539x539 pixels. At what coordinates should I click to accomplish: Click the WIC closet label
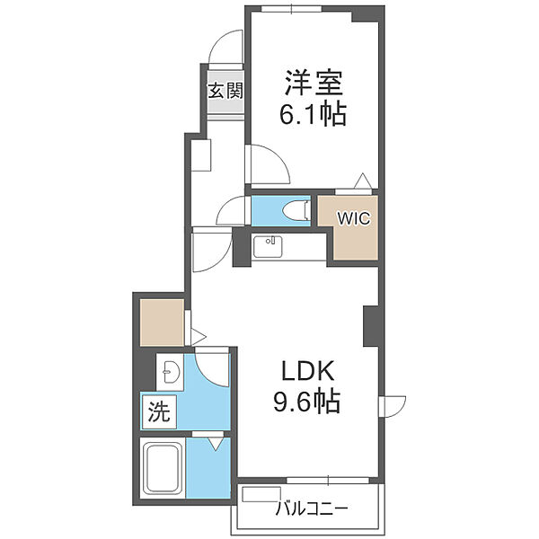[353, 218]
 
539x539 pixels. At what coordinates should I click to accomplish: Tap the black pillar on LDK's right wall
[371, 327]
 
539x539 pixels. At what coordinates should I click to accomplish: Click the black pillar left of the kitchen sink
[241, 247]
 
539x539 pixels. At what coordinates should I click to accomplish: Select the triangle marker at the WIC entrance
[361, 180]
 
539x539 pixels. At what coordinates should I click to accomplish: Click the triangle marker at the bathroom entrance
[216, 443]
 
